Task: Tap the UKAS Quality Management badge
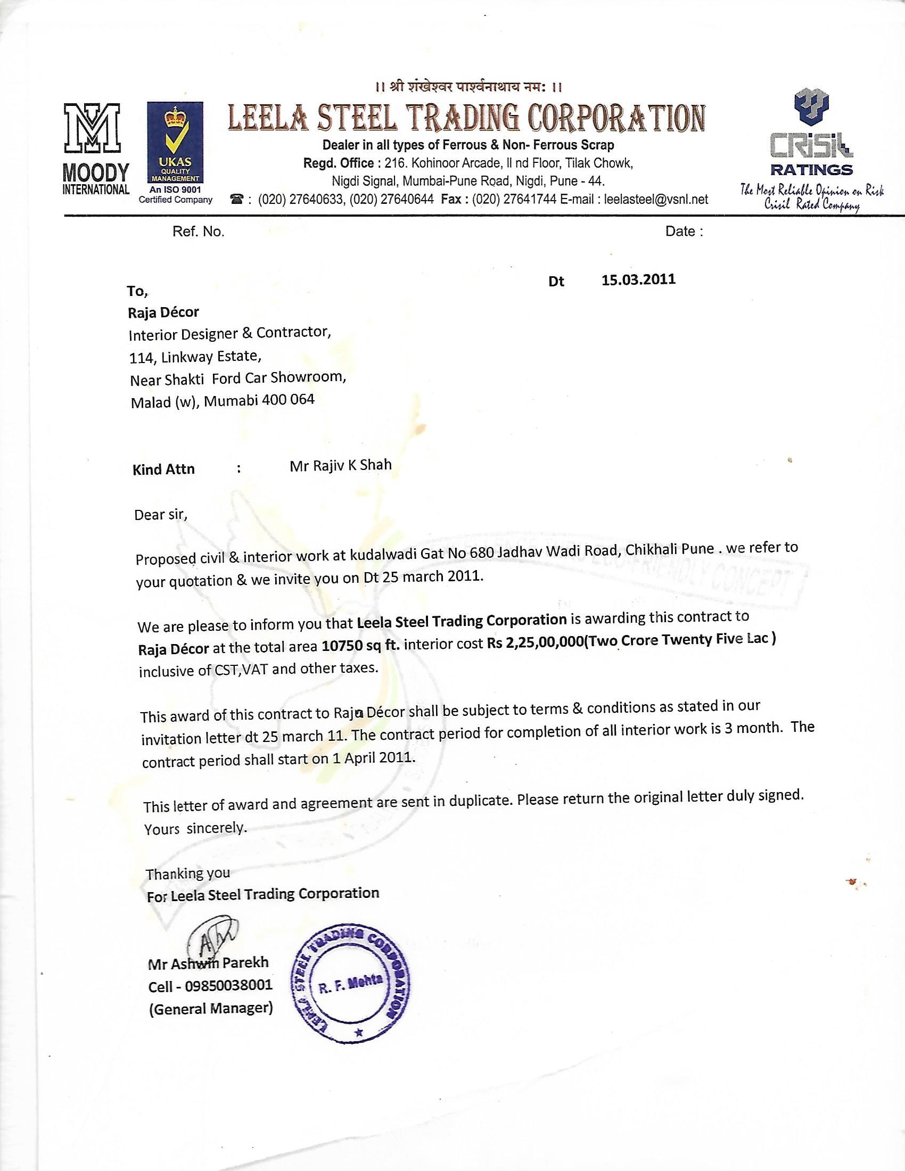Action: [175, 143]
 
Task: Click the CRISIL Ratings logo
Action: [811, 134]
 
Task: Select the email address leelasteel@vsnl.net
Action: [656, 200]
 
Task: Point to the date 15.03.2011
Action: [638, 280]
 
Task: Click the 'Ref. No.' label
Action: [199, 232]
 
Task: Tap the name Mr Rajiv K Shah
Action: [341, 465]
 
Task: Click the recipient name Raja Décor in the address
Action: [163, 312]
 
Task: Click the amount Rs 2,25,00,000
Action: [534, 642]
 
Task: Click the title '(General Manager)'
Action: [211, 1009]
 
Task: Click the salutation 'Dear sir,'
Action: [161, 515]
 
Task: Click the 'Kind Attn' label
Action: [163, 469]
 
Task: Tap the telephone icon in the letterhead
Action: [236, 200]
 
